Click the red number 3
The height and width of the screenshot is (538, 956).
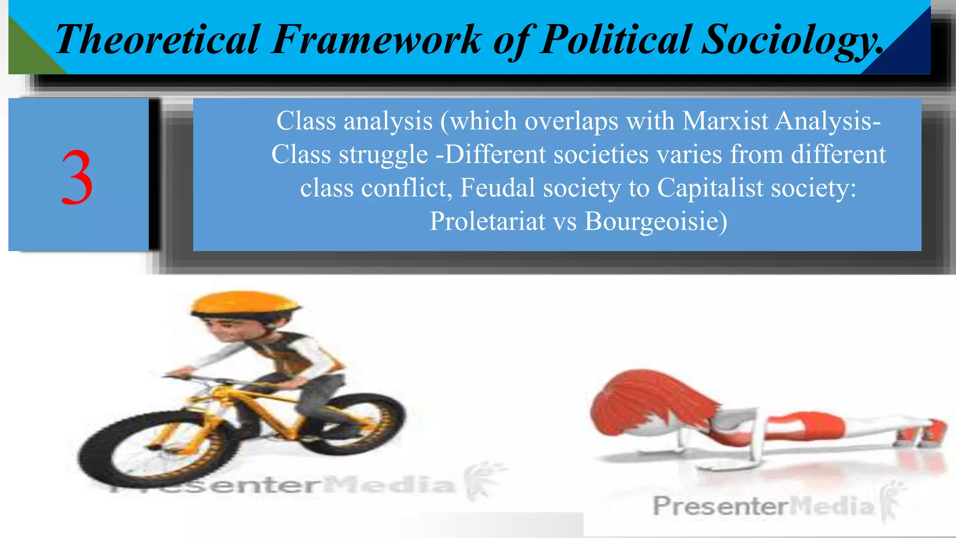(77, 177)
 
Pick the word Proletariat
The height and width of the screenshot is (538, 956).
(487, 221)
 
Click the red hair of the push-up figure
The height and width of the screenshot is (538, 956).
(644, 402)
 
